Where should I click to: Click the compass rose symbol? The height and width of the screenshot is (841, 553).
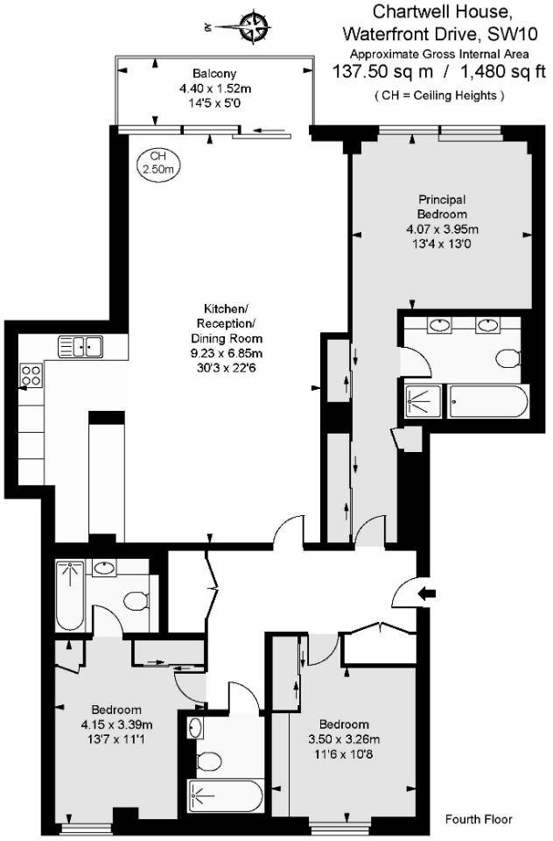click(x=253, y=25)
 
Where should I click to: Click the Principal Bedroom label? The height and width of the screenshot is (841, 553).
click(x=442, y=207)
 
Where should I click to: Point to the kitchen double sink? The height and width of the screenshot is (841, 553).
click(x=80, y=346)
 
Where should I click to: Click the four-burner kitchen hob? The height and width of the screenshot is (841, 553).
click(x=31, y=376)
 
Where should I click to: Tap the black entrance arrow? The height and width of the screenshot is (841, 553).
click(x=427, y=594)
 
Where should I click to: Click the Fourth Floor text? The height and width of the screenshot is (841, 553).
click(x=479, y=820)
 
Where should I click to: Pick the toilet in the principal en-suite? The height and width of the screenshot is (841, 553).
click(x=507, y=357)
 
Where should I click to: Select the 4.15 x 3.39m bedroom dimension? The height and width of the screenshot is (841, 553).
click(x=117, y=724)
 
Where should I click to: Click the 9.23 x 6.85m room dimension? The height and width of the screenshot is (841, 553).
click(x=227, y=352)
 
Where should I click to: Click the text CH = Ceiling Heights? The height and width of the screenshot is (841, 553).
click(x=438, y=95)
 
